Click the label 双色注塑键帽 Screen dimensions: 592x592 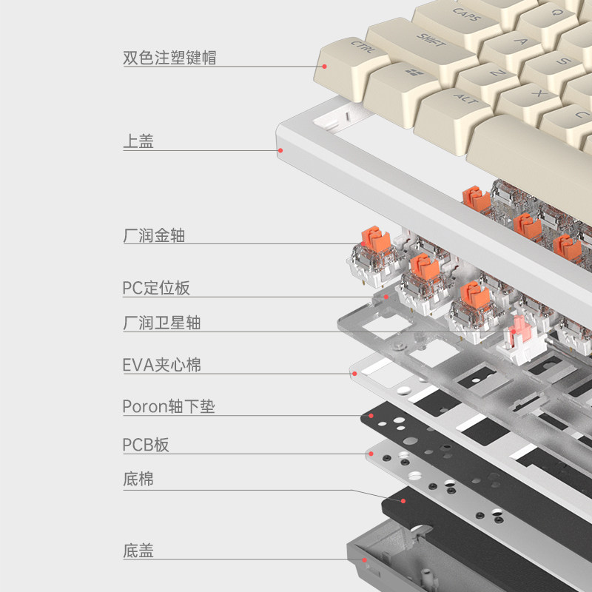coord(169,57)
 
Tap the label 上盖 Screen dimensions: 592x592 coord(138,141)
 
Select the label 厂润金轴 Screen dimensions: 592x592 coord(154,236)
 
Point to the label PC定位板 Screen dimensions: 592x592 coord(156,287)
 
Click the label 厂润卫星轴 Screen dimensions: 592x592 coord(161,323)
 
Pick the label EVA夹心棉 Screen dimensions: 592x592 coord(161,365)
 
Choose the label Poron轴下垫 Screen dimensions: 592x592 coord(169,406)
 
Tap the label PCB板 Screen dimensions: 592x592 coord(146,445)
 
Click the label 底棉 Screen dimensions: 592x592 coord(138,479)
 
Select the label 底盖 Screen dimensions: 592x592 coord(138,551)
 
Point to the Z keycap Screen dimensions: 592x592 coord(497,75)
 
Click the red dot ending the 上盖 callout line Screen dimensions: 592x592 coord(280,150)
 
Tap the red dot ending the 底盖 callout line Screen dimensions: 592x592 coord(364,561)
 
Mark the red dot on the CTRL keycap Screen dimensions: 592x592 coord(324,66)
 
